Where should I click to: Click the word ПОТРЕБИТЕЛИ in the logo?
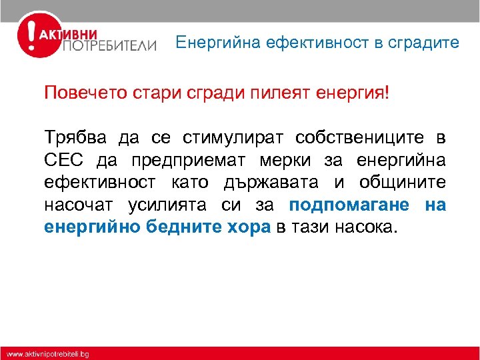pyautogui.click(x=110, y=46)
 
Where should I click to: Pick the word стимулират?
pyautogui.click(x=229, y=138)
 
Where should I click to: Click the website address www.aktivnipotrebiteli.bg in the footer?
pyautogui.click(x=48, y=354)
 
